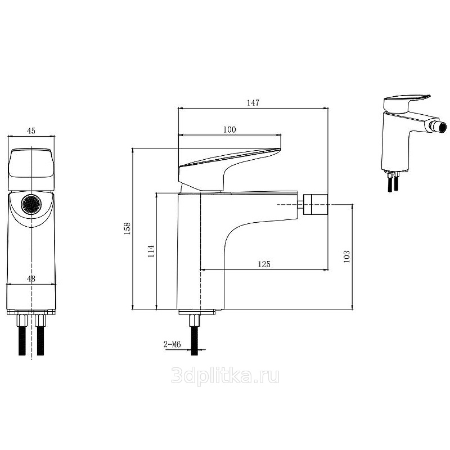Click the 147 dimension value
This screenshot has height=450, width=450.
click(x=253, y=103)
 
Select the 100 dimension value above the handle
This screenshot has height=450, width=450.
click(x=229, y=129)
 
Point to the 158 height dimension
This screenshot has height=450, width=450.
click(x=127, y=229)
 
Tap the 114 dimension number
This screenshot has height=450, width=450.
click(x=151, y=251)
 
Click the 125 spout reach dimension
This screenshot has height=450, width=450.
click(x=264, y=264)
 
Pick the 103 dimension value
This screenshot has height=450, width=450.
click(x=346, y=256)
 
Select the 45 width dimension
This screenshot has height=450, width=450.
click(x=31, y=131)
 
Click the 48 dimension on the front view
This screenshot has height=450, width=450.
click(x=31, y=278)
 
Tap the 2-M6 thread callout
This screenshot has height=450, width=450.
click(x=172, y=344)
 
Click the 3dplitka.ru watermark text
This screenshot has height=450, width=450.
click(x=225, y=376)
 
